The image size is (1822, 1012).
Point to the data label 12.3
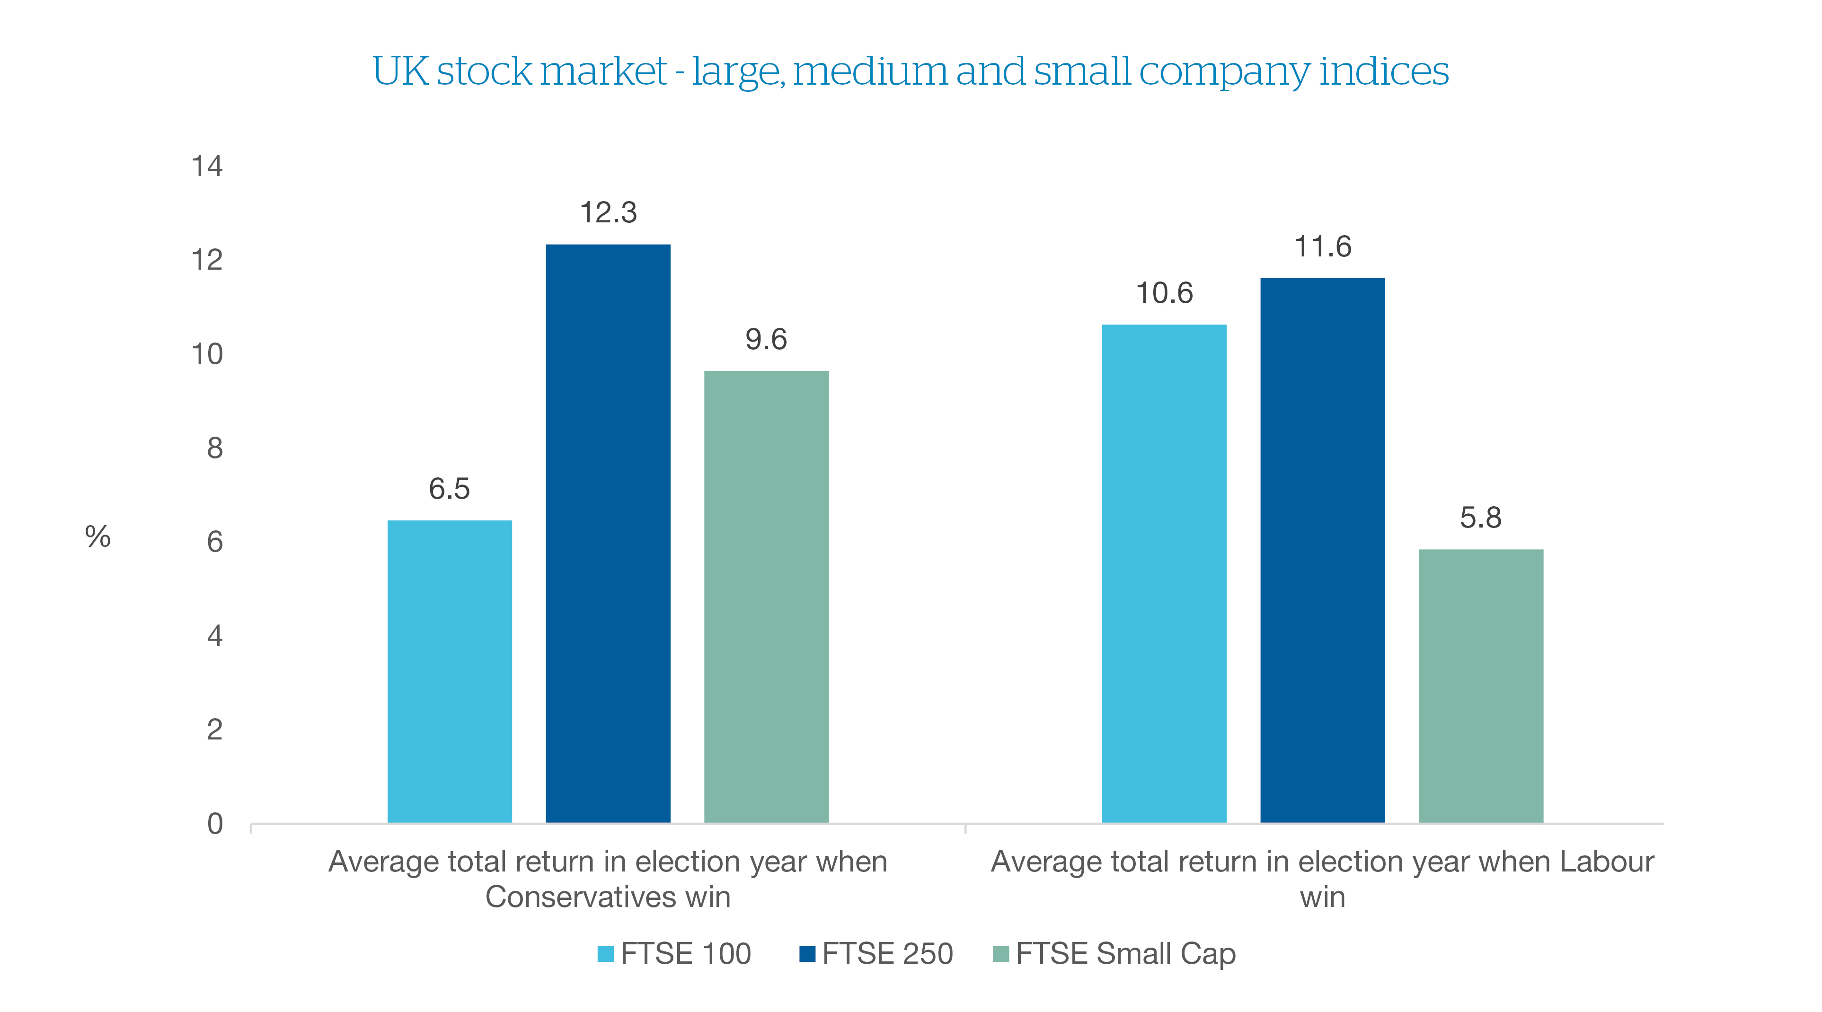tap(608, 212)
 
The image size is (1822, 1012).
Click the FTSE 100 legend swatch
tap(605, 954)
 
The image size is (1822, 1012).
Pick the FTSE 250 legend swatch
tap(807, 954)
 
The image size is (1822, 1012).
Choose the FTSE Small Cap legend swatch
tap(1001, 954)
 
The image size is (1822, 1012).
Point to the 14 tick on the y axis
tap(207, 166)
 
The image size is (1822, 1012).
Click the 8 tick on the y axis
tap(214, 448)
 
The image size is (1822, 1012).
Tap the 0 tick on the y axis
tap(214, 823)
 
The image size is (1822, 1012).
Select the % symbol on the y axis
tap(97, 537)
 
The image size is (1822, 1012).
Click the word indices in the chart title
tap(1383, 71)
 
